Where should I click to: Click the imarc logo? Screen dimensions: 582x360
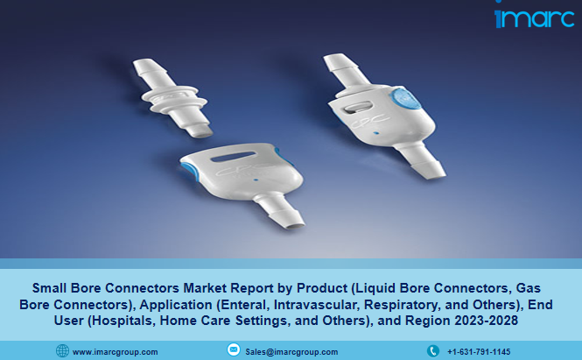(534, 17)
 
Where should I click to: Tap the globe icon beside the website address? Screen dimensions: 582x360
(62, 350)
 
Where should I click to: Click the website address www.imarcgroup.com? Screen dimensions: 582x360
(115, 352)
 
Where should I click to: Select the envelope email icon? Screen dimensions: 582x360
(234, 349)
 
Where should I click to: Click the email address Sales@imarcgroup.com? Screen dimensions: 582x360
(291, 352)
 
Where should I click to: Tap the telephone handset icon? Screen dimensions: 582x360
(433, 350)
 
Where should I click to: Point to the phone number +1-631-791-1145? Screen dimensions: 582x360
(479, 351)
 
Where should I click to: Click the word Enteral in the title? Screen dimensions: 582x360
(244, 305)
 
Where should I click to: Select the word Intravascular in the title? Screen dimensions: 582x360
(317, 305)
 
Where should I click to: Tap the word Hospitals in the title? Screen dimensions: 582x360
(123, 321)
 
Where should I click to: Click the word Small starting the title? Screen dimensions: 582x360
(49, 288)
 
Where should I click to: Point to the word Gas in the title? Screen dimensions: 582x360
(529, 288)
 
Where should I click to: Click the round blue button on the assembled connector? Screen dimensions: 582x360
(405, 98)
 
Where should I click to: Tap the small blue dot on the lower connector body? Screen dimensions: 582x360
(256, 180)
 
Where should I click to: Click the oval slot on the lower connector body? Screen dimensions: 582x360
(233, 157)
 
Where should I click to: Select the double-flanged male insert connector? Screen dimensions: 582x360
(172, 98)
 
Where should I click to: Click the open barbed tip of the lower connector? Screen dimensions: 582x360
(296, 225)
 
